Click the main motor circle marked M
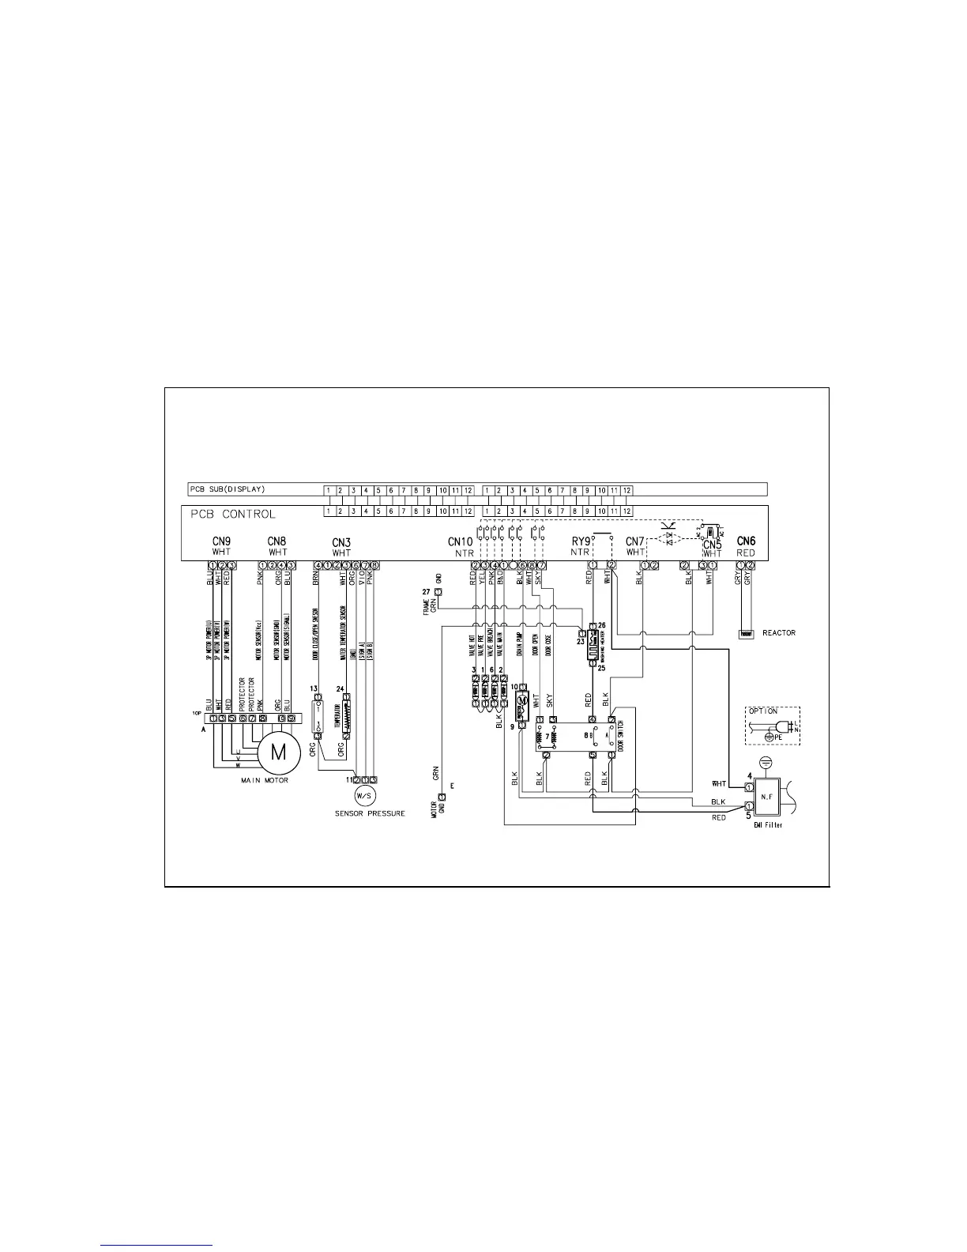tap(279, 752)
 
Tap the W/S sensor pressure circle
tap(363, 795)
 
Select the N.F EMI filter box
tap(767, 795)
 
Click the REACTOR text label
tap(778, 633)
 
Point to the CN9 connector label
tap(221, 541)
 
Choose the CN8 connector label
tap(277, 541)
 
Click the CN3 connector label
tap(341, 542)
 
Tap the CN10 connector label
tap(460, 542)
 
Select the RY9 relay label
tap(581, 542)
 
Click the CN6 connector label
tap(746, 541)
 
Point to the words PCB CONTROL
tap(233, 515)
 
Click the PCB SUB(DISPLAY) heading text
tap(227, 489)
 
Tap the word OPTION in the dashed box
tap(763, 711)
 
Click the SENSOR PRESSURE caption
tap(370, 813)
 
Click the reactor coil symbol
tap(746, 634)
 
